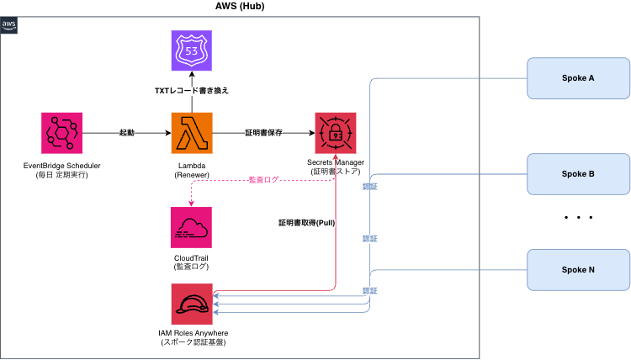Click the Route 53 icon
tap(193, 50)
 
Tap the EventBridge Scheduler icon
tap(61, 133)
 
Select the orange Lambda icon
tap(193, 133)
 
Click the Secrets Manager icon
tap(336, 133)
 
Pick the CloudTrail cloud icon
tap(193, 225)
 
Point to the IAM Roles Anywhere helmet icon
tap(193, 304)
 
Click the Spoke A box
tap(578, 78)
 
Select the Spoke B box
tap(578, 174)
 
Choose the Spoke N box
tap(578, 270)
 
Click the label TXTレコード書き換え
tap(193, 89)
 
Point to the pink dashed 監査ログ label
tap(264, 179)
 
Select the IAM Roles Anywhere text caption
tap(193, 338)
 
